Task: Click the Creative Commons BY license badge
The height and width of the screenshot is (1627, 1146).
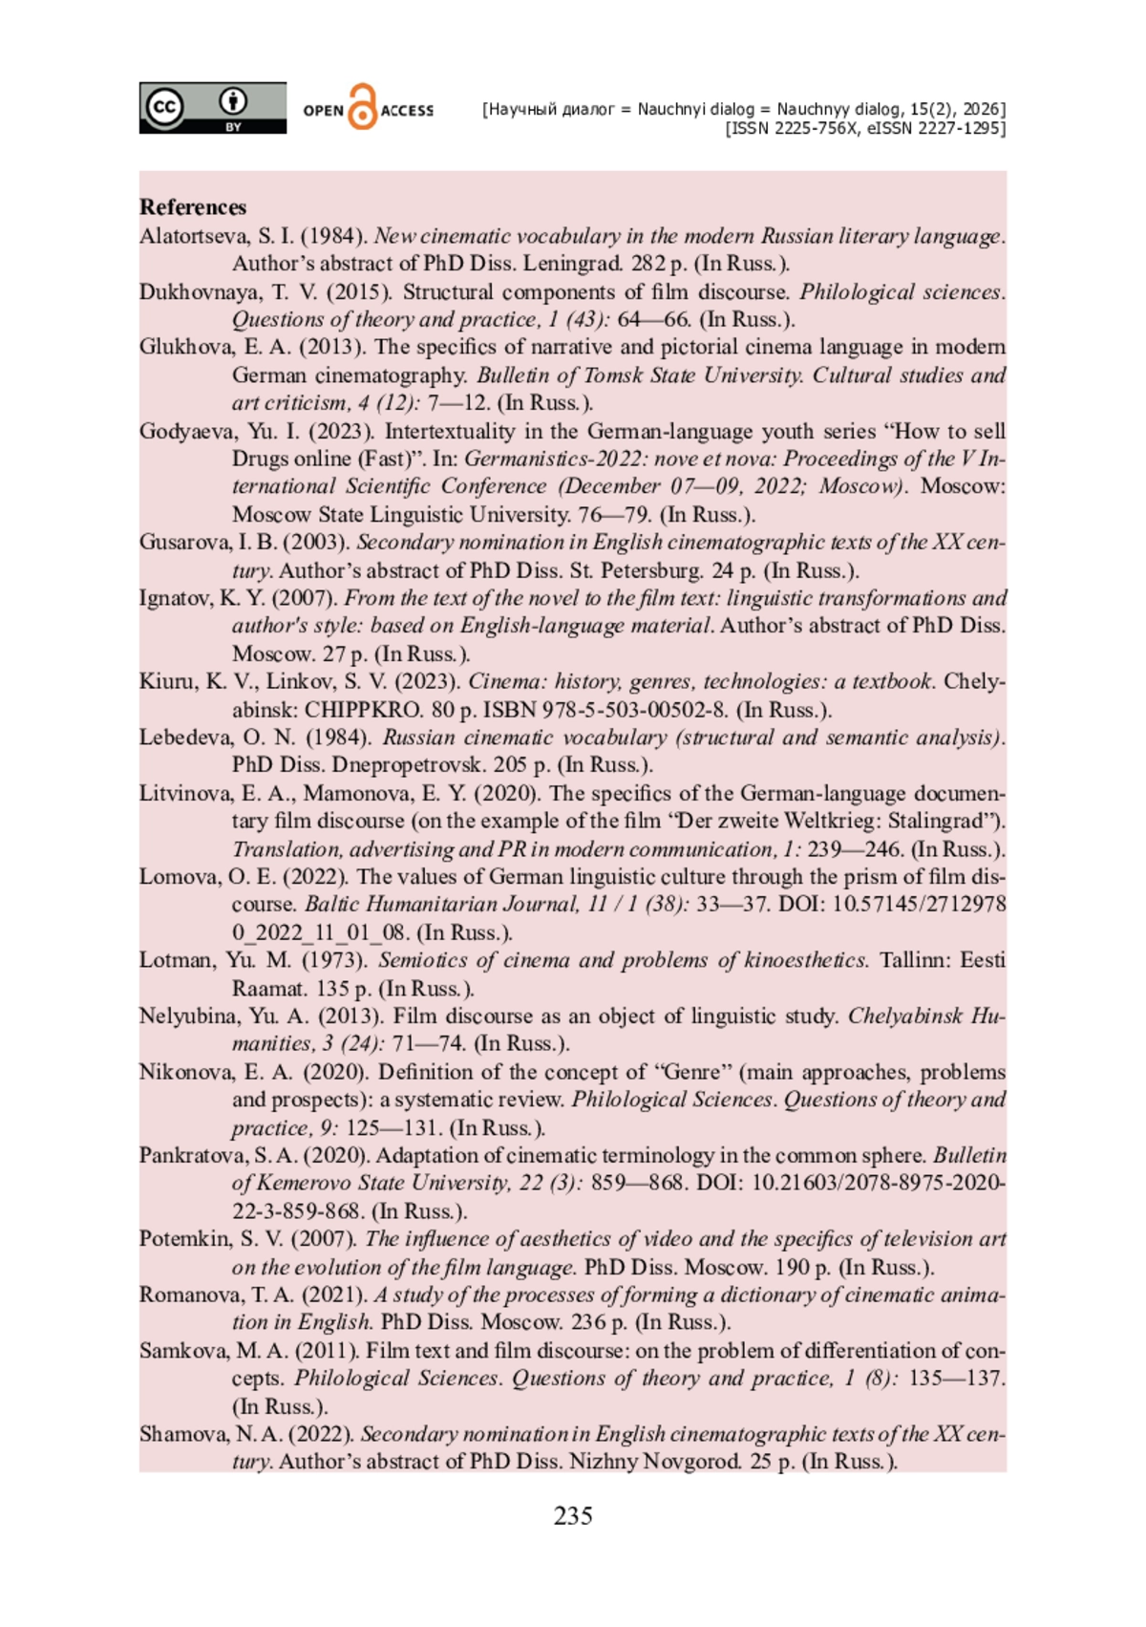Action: [212, 107]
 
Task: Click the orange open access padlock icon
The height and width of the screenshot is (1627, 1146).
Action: [362, 107]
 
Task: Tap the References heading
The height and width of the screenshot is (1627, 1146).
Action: [193, 207]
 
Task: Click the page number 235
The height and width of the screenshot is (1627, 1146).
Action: [573, 1515]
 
